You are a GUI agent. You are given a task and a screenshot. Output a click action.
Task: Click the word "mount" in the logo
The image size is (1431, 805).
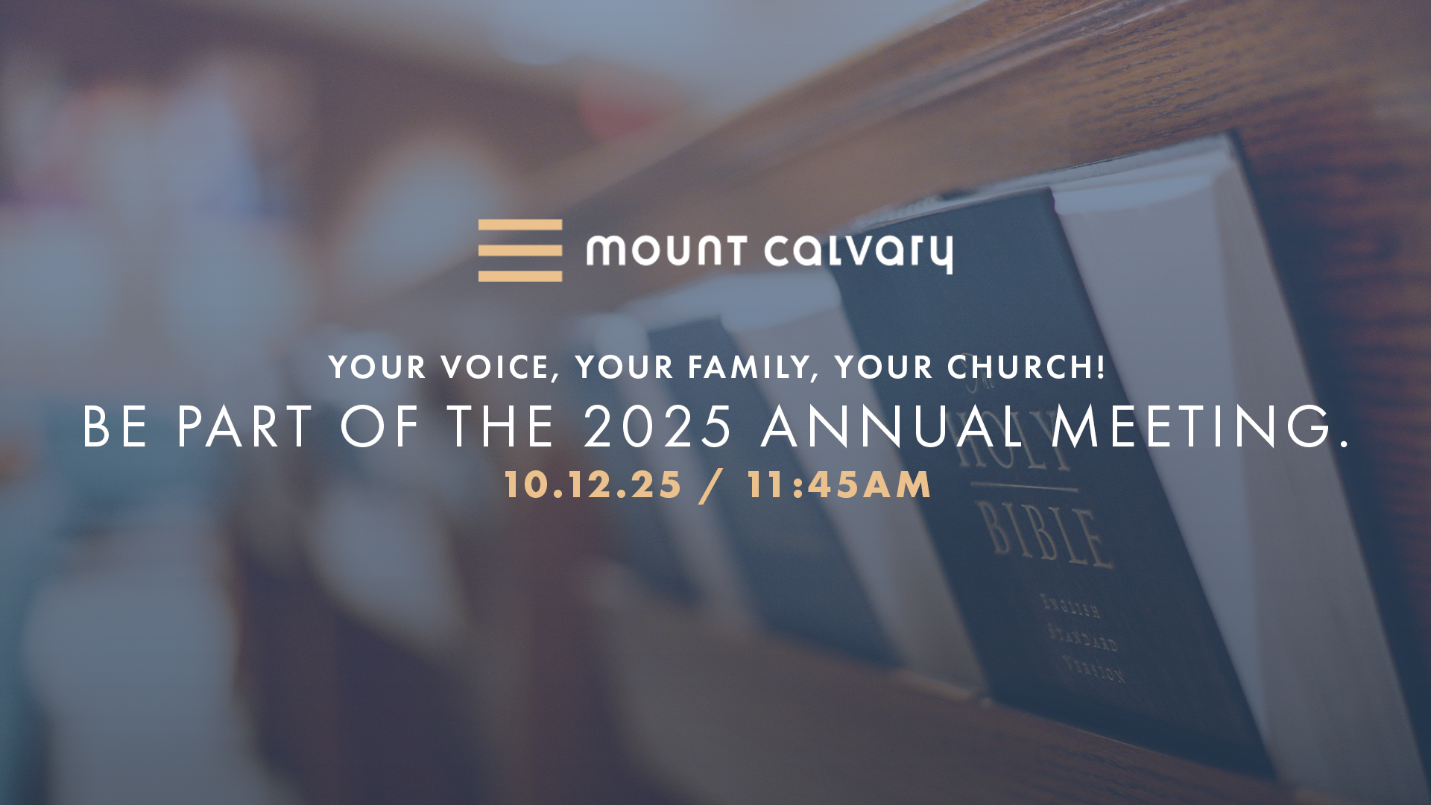tap(666, 250)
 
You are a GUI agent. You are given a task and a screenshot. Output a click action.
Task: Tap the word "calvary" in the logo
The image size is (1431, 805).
tap(859, 253)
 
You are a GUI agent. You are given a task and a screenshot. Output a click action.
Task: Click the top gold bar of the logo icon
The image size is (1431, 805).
tap(520, 224)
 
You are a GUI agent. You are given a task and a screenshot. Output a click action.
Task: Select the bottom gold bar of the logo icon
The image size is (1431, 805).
tap(520, 276)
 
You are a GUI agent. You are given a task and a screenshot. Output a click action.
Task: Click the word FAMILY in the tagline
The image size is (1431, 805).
tap(752, 367)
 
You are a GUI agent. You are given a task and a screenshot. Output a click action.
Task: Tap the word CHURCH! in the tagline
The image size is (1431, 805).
tap(1026, 367)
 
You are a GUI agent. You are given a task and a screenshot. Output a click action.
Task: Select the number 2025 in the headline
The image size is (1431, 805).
tap(658, 426)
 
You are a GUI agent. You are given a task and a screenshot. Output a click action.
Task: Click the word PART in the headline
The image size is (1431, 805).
tap(244, 427)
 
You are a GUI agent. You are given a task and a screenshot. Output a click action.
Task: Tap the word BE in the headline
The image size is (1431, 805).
tap(114, 427)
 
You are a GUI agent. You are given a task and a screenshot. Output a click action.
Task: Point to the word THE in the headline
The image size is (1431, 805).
tap(500, 427)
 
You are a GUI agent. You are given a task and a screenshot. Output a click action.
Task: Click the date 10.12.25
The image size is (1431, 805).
tap(593, 484)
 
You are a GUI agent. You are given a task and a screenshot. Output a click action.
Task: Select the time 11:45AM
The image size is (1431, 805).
tap(838, 484)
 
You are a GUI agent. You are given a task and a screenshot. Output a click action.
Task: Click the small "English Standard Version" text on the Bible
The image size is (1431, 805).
tap(1083, 640)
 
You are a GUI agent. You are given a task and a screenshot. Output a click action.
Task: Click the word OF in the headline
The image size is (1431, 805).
tap(379, 427)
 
